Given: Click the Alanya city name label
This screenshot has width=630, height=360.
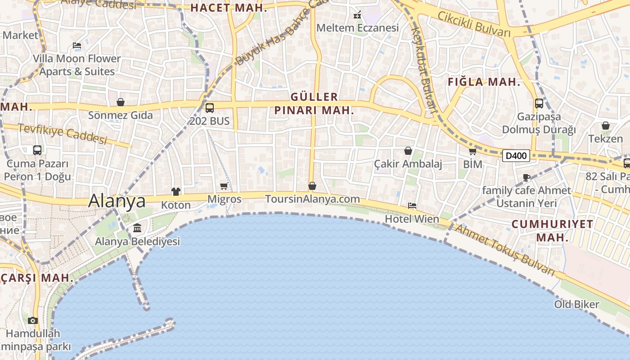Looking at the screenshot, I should (117, 201).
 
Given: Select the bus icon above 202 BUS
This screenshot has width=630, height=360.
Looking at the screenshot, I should (209, 108).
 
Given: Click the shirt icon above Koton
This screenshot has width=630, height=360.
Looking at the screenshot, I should (175, 192).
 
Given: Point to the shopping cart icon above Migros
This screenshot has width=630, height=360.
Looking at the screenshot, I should (224, 186).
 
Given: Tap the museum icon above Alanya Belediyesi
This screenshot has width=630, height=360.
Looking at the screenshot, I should (137, 228).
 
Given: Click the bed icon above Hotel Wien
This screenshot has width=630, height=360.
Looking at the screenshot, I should (412, 206).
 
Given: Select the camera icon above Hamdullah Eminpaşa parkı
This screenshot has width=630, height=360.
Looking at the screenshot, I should (32, 320).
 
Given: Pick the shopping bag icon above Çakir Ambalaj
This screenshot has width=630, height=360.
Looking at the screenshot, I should (408, 151).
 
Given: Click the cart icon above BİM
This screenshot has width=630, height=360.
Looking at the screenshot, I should (472, 152).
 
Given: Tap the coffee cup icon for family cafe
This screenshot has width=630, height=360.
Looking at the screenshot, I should (526, 177).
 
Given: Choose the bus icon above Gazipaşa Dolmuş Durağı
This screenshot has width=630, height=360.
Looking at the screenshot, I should (539, 103).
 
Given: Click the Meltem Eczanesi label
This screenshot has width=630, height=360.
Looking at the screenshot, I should (357, 28).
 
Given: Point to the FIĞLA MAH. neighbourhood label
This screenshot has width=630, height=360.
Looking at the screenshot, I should (484, 82).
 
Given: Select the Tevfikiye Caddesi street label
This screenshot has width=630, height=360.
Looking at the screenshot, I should (63, 134).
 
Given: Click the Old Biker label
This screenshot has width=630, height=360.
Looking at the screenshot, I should (576, 304).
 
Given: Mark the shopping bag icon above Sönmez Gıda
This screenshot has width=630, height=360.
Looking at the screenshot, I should (120, 102).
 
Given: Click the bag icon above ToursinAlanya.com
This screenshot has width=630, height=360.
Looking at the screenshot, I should (312, 186).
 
